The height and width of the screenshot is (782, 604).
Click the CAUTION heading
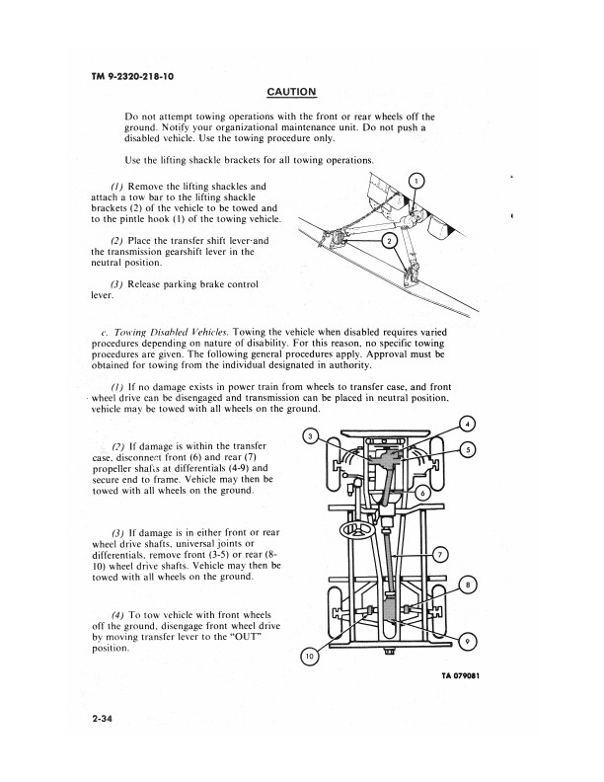[x=291, y=92]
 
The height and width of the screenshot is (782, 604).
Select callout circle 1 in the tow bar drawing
[x=416, y=181]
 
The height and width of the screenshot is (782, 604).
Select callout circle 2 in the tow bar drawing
[x=389, y=241]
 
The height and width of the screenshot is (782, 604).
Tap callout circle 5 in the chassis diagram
[x=468, y=450]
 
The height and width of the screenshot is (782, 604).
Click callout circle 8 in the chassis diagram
[x=468, y=586]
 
